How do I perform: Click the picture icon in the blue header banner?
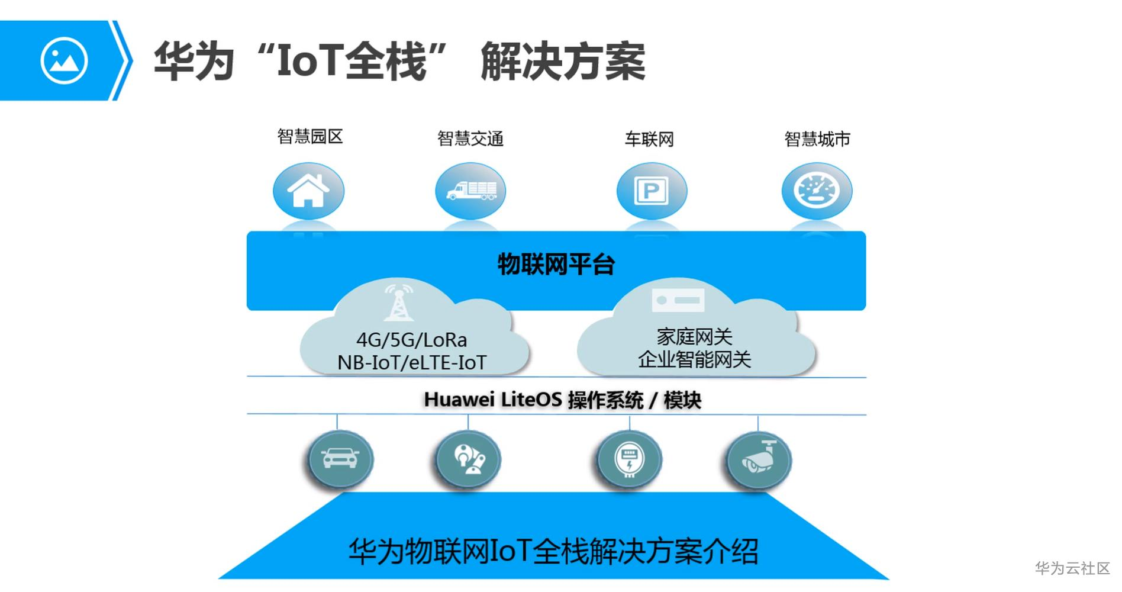[x=64, y=60]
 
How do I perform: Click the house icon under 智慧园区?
[x=308, y=191]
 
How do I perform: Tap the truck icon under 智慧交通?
[x=471, y=191]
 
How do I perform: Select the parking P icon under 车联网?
[x=651, y=191]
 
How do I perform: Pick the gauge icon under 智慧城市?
[x=817, y=191]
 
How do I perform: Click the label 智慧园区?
[x=310, y=137]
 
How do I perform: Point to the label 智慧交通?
[x=470, y=139]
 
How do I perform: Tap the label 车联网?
[x=649, y=140]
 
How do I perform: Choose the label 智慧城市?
[x=817, y=140]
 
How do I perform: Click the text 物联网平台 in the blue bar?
[x=556, y=264]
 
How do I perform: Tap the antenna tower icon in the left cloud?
[x=399, y=303]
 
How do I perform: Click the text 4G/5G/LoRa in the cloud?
[x=411, y=340]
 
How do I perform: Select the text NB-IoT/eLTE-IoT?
[x=412, y=362]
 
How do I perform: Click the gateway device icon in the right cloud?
[x=678, y=300]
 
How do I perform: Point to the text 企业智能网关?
[x=694, y=359]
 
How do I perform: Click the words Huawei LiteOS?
[x=493, y=400]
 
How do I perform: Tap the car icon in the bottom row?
[x=340, y=459]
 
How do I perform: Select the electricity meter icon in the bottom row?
[x=629, y=460]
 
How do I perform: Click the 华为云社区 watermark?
[x=1072, y=568]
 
